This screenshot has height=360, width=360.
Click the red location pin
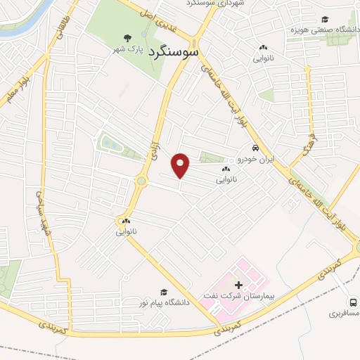point(181,165)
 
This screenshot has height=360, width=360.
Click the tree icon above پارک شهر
point(127,38)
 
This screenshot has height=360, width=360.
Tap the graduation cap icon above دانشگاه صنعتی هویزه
point(325,20)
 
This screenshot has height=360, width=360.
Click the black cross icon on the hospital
point(239,285)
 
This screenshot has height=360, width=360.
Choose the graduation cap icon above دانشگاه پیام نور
point(165,291)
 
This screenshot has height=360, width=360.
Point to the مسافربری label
point(345,310)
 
